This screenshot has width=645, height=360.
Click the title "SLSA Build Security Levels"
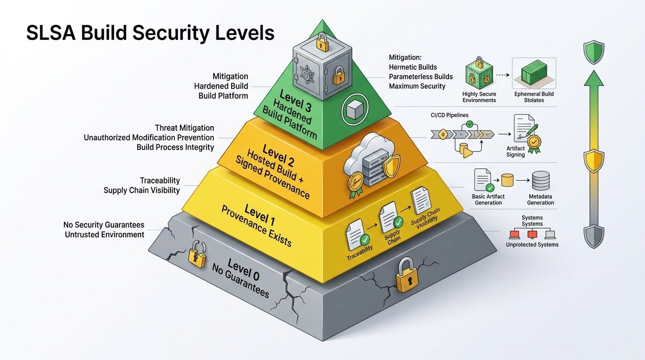[x=150, y=34]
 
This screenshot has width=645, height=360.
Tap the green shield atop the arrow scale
[x=593, y=52]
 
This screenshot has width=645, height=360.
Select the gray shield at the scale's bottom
[x=593, y=236]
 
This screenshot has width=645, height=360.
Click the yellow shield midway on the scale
[x=593, y=161]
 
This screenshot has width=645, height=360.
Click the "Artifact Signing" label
[x=516, y=151]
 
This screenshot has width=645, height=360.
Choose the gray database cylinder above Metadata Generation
[x=540, y=180]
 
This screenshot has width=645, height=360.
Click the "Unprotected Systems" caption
[x=532, y=245]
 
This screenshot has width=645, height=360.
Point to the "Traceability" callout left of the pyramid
[x=160, y=180]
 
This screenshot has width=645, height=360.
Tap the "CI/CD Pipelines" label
[x=449, y=115]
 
